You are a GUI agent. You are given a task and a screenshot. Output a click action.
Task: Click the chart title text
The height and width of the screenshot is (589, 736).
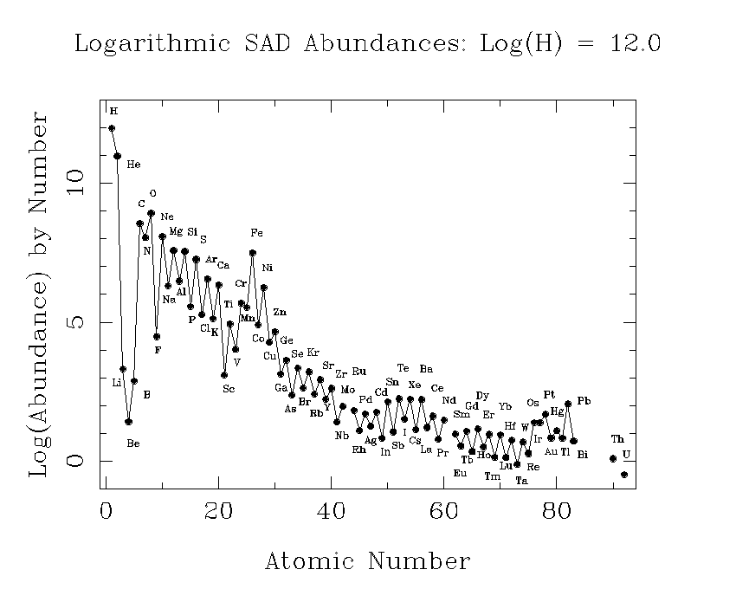click(368, 44)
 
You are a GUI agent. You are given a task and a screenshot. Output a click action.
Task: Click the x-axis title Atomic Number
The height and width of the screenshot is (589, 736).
click(367, 560)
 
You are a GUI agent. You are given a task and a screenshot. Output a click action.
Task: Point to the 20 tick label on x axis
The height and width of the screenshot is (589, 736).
click(217, 512)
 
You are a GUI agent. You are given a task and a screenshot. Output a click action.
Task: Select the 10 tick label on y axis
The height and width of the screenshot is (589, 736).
click(77, 182)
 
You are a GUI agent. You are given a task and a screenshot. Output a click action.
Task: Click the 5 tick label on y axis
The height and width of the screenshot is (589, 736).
click(77, 321)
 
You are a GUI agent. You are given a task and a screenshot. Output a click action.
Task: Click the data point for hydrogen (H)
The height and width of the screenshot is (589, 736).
click(112, 128)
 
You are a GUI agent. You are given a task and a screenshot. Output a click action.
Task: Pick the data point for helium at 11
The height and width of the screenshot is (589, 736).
click(117, 156)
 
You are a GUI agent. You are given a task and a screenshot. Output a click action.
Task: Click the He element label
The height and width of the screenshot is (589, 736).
click(133, 164)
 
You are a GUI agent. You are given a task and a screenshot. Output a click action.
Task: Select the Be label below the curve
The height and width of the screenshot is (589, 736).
click(133, 443)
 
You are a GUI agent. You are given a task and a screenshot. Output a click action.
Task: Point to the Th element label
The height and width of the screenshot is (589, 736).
click(617, 439)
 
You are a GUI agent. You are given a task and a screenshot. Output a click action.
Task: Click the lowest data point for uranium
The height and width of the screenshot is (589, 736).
click(624, 475)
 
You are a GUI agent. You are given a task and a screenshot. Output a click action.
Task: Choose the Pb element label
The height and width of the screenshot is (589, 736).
click(584, 401)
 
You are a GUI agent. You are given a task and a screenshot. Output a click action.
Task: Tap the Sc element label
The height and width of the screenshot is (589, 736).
click(229, 389)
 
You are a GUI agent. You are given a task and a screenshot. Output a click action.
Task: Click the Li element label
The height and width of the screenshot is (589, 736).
click(117, 382)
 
